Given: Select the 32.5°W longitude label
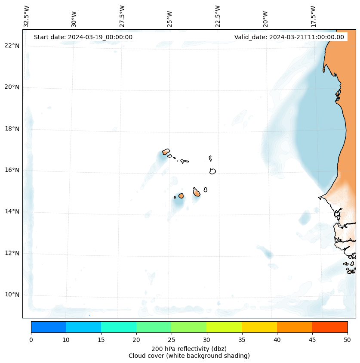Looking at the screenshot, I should coord(27,16).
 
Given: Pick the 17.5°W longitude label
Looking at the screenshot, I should coord(313,16).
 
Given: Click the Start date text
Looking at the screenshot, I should coord(83,37).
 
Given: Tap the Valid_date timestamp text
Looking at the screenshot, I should coord(289,37).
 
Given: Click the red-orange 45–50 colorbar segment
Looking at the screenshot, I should coord(329,327).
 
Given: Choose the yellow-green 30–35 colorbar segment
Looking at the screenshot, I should coord(224,327).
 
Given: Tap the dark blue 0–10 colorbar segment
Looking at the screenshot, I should coord(48,327).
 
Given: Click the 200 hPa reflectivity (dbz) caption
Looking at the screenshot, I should coord(189,348).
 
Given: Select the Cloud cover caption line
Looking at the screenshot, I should coord(189,356).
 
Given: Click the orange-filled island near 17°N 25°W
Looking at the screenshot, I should coord(166,152).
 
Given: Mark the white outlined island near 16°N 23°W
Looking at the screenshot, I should coord(212,171).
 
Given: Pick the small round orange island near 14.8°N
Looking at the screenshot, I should coord(181,195).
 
